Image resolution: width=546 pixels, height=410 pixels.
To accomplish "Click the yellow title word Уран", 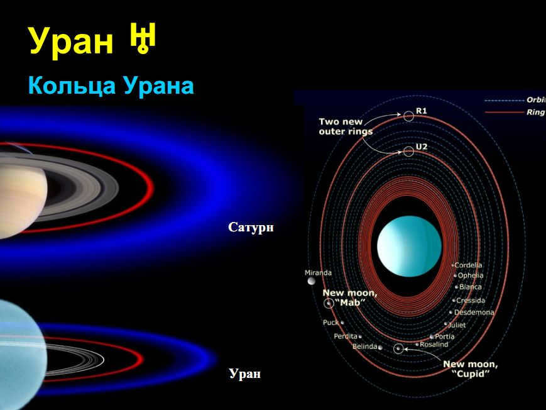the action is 72,41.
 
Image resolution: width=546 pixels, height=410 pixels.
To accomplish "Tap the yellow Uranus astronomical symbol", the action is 143,38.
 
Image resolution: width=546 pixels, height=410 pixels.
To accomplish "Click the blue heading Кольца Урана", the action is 111,86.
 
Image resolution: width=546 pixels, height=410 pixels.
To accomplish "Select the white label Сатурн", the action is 251,227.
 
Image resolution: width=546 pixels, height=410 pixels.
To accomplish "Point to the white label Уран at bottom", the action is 245,374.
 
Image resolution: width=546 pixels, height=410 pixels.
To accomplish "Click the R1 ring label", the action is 422,111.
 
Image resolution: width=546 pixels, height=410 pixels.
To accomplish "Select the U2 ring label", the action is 422,147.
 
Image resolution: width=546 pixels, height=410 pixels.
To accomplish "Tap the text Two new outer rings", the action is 346,126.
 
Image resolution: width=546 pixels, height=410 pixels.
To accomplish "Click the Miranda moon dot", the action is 311,280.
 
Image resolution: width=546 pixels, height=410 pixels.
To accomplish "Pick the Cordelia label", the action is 468,265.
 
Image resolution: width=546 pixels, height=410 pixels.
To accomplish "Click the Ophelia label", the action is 471,275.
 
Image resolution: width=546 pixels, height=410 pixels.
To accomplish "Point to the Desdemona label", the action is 474,313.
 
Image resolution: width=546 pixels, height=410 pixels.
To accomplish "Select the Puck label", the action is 330,323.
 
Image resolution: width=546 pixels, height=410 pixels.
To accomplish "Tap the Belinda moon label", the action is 364,346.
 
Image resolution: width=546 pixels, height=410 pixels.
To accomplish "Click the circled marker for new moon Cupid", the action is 398,348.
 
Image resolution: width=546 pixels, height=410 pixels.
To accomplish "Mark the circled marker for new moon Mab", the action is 329,303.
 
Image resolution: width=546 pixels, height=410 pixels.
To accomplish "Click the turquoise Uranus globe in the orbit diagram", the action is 409,246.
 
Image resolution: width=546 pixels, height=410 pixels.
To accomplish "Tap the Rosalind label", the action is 434,345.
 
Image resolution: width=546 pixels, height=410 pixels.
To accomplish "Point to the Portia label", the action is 444,336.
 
